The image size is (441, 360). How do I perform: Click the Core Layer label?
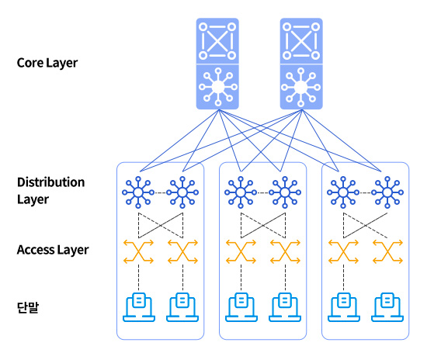pos(47,63)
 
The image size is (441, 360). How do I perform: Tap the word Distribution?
pos(51,182)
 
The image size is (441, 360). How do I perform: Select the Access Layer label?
pos(53,250)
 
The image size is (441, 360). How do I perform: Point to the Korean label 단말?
pos(28,307)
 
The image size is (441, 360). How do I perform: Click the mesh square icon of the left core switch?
pos(217,41)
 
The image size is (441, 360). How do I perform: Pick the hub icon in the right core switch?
pos(301,87)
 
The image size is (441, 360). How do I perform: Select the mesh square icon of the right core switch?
pos(301,41)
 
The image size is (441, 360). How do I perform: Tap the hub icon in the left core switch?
pos(217,87)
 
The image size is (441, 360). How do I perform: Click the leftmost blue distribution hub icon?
pos(138,192)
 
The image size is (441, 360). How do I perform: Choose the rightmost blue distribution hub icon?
pos(387,192)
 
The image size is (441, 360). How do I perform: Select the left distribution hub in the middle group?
pos(241,192)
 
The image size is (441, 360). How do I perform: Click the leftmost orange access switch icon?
pos(138,251)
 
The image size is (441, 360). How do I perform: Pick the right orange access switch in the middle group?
pos(285,251)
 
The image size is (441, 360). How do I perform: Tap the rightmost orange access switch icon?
pos(387,251)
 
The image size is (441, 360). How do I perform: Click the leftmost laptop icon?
pos(139,307)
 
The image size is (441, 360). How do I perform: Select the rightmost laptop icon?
pos(387,307)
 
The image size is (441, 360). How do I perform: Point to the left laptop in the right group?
pos(344,307)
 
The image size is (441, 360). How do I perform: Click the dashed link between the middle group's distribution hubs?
pos(262,192)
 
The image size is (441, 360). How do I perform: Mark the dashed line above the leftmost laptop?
pos(138,278)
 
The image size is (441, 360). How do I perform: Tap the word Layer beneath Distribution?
pos(33,200)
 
